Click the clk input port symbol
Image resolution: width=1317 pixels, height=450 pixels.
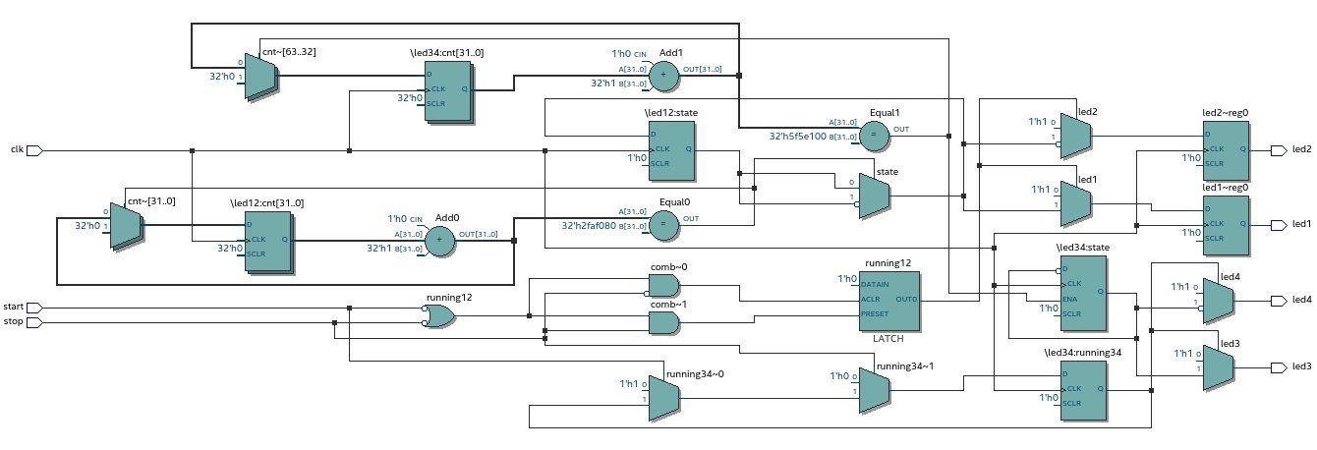[x=33, y=150]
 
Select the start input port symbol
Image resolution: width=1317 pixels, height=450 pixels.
[x=33, y=308]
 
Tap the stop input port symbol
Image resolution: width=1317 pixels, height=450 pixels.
[x=33, y=321]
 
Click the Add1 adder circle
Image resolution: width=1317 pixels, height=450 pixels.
[x=662, y=74]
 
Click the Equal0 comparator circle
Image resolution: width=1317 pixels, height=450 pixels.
[x=665, y=224]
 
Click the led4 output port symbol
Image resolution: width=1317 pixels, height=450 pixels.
[x=1279, y=300]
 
